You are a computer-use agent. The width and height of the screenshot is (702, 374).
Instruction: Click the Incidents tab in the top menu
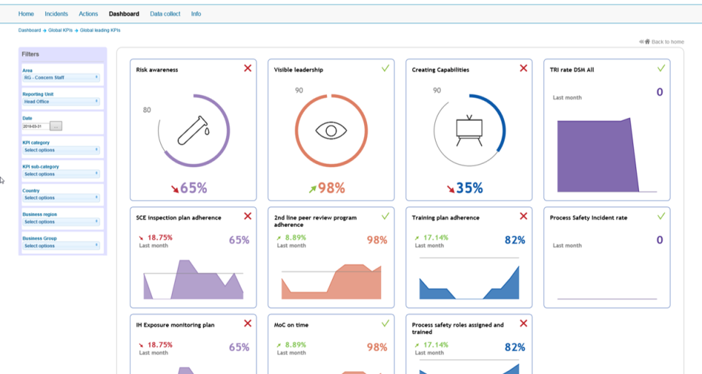[56, 14]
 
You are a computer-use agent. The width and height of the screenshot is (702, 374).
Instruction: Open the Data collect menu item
[165, 14]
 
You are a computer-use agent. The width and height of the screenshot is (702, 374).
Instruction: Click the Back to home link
[664, 42]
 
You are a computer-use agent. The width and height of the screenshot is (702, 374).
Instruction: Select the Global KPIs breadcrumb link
[60, 31]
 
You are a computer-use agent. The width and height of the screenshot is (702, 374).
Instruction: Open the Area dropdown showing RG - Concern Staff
[61, 77]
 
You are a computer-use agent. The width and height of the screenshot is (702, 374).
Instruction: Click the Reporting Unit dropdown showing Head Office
[61, 102]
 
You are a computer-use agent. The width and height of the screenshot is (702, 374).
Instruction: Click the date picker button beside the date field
[56, 126]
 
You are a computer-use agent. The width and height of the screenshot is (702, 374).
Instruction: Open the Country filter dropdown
[61, 198]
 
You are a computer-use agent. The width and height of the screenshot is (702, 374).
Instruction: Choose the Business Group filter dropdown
[61, 246]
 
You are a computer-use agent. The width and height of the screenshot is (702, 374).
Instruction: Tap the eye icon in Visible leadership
[331, 130]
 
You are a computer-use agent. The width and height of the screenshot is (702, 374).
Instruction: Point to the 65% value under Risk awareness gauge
[194, 188]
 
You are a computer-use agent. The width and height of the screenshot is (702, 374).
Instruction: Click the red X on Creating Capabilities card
[524, 68]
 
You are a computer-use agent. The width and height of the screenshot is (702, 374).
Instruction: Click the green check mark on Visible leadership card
[385, 68]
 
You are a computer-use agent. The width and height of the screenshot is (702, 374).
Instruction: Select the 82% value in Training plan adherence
[515, 240]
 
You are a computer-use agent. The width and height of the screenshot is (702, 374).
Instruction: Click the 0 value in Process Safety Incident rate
[660, 240]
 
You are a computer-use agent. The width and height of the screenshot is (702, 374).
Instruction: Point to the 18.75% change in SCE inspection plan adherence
[160, 238]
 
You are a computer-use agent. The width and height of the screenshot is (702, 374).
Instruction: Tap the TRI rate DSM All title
[572, 70]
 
